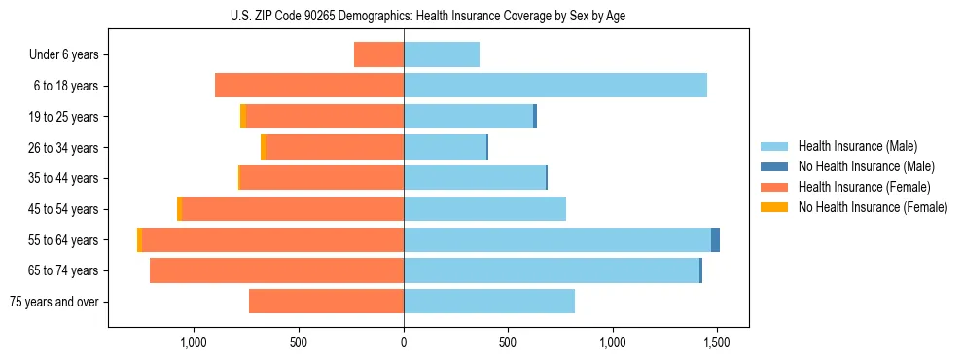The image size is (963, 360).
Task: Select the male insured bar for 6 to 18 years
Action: click(554, 86)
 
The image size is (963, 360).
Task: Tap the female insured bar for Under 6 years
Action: click(378, 54)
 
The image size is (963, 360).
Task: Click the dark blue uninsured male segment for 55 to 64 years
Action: click(715, 240)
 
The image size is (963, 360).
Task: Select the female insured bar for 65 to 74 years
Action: click(276, 270)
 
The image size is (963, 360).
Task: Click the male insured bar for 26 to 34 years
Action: click(445, 147)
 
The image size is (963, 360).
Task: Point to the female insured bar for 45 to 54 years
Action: click(292, 209)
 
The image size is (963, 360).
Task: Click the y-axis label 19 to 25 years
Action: click(63, 117)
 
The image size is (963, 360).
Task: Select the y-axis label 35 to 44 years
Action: click(63, 178)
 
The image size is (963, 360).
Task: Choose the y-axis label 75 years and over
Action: click(54, 302)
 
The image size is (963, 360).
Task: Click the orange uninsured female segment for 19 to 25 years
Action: click(243, 117)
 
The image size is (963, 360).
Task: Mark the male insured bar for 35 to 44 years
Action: click(474, 178)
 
